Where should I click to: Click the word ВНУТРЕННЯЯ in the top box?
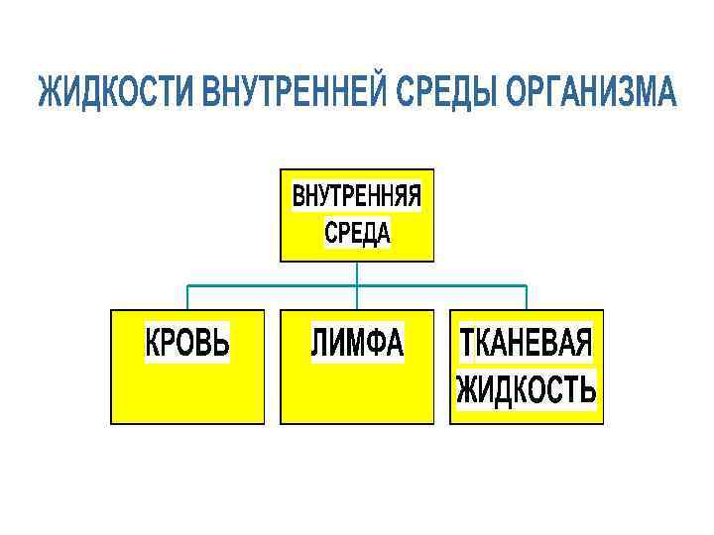357,197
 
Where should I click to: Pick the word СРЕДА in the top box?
357,233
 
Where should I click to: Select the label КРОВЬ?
187,343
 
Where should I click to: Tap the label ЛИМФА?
357,343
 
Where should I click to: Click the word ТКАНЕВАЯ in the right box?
526,343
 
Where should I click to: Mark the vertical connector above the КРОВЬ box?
188,297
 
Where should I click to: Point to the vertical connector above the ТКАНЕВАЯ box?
526,297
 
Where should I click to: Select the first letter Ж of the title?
49,94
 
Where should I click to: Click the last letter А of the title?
667,94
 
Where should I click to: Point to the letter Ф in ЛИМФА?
376,343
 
